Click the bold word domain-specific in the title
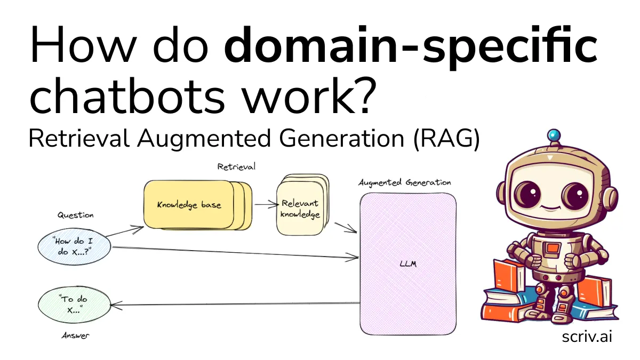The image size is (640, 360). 411,47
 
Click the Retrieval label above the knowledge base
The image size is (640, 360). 236,167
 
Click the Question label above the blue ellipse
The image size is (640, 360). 75,215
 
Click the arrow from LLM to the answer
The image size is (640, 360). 235,304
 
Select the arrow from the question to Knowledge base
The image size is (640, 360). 125,231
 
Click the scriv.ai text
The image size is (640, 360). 587,337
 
